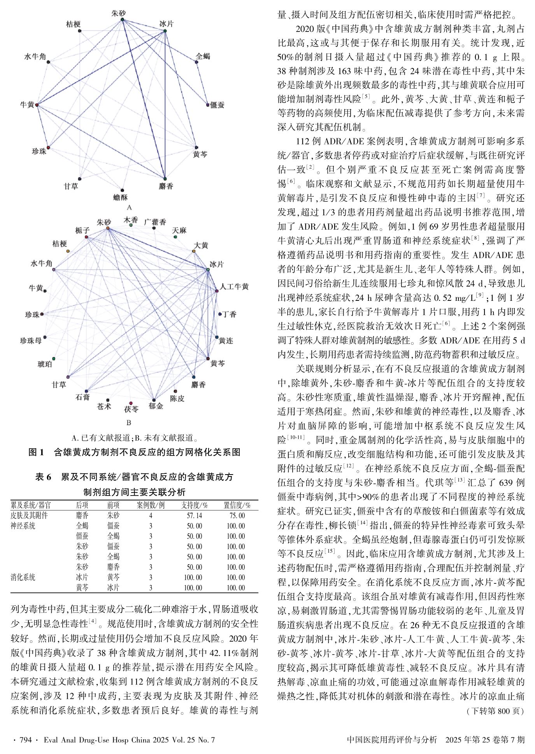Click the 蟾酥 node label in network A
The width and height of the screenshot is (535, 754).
click(x=121, y=197)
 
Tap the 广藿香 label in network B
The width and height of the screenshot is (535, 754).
click(x=155, y=222)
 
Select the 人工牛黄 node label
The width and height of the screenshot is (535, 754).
click(x=234, y=287)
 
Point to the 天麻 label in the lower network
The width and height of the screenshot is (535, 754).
click(x=179, y=230)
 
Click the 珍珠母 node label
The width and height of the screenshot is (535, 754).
click(x=31, y=341)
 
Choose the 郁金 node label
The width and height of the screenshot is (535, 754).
click(x=156, y=406)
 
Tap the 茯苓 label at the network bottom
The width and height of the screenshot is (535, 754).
click(x=131, y=409)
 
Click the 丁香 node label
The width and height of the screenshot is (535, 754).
click(x=229, y=314)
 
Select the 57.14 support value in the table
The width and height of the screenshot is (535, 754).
click(x=194, y=516)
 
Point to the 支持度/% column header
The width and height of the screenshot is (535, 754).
click(x=194, y=505)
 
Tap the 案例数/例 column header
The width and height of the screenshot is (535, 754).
click(x=151, y=505)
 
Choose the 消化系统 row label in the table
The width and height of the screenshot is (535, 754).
click(x=23, y=577)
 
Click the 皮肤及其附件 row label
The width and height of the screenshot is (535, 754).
click(x=29, y=516)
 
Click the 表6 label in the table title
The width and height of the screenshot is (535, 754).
click(x=43, y=476)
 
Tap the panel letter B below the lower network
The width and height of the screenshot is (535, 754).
click(x=129, y=422)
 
